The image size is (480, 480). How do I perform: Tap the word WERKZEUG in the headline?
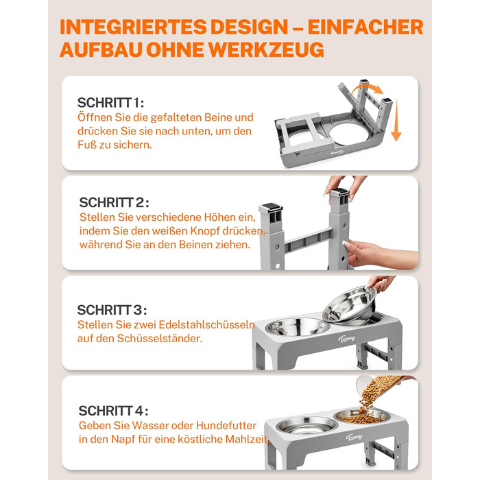[266, 49]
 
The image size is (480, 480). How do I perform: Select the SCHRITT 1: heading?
[110, 103]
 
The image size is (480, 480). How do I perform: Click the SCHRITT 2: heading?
[114, 202]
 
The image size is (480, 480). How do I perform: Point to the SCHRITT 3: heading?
[112, 310]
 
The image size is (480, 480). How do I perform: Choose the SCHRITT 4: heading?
[113, 411]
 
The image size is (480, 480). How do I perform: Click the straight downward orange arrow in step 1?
[396, 120]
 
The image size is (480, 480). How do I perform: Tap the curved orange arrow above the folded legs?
[366, 90]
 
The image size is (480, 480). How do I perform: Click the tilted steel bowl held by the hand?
[350, 304]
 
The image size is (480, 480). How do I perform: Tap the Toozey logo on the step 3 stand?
[346, 338]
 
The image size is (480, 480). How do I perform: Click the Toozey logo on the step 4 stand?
[355, 437]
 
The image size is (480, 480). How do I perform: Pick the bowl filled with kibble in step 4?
[362, 417]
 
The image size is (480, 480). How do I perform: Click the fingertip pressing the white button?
[345, 243]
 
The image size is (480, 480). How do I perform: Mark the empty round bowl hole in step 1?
[350, 134]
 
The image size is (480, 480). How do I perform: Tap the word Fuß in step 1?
[86, 145]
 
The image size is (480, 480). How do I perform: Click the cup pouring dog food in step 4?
[368, 385]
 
